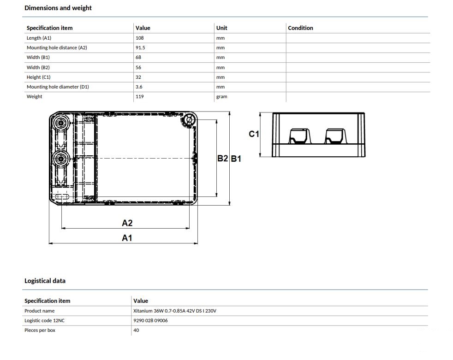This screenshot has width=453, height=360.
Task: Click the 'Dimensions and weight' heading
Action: click(x=58, y=8)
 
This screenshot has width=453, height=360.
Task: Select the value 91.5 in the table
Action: click(x=140, y=47)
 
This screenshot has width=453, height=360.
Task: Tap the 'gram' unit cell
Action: click(x=221, y=96)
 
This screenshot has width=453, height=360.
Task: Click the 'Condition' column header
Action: click(x=300, y=28)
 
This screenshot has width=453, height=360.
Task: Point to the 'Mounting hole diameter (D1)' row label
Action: click(x=58, y=87)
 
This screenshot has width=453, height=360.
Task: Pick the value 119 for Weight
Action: click(x=139, y=96)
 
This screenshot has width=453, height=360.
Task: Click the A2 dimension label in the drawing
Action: click(x=127, y=223)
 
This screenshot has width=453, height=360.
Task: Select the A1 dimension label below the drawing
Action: click(x=127, y=238)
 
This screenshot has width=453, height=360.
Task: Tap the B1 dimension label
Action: click(x=236, y=159)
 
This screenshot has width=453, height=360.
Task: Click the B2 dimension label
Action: click(x=222, y=158)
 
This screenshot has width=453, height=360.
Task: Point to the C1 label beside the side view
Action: click(x=254, y=134)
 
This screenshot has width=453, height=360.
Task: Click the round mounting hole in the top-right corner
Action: click(x=189, y=120)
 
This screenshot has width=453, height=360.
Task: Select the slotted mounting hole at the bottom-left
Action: click(x=61, y=197)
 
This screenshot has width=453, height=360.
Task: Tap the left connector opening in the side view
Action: click(x=300, y=136)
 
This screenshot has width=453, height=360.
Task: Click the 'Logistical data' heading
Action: click(x=45, y=281)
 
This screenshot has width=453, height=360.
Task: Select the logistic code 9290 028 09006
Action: click(x=150, y=320)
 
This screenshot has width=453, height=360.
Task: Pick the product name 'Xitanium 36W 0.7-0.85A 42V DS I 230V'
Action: click(x=174, y=311)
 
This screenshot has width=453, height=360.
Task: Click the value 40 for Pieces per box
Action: click(x=136, y=330)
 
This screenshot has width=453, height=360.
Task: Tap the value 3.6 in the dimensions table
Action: click(x=139, y=87)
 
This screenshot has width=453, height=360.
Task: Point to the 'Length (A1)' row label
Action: click(x=39, y=38)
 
